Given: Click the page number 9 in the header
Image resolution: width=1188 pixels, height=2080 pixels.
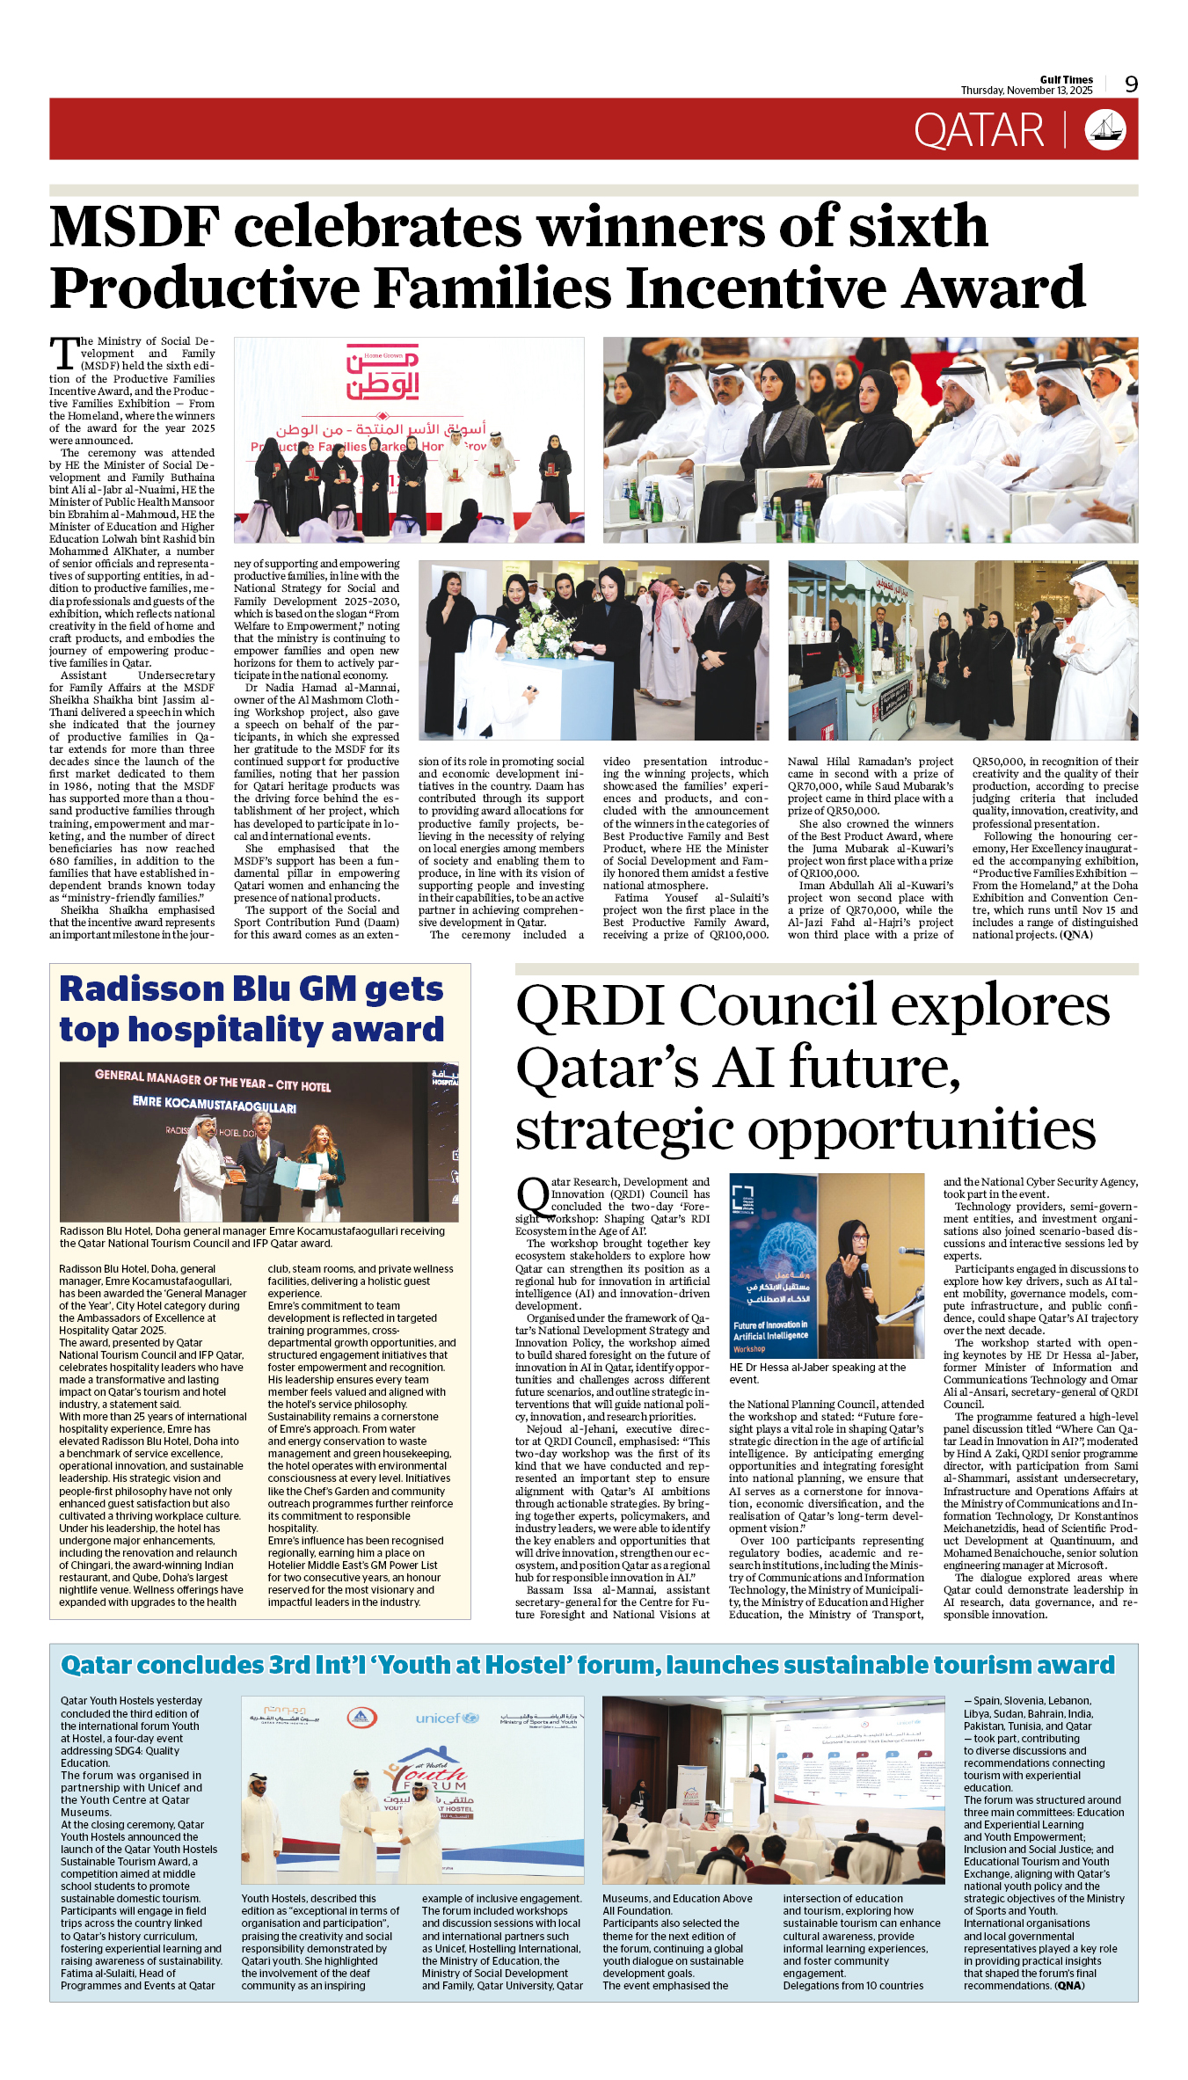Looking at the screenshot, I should click(1131, 84).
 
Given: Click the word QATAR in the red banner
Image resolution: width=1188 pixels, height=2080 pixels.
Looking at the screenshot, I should click(978, 131).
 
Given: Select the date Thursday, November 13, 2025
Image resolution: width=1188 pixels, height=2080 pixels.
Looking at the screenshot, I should click(1026, 91).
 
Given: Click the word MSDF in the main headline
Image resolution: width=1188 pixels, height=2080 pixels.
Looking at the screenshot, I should click(135, 226).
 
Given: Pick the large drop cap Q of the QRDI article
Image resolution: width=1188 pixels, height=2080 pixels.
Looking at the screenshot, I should click(532, 1198).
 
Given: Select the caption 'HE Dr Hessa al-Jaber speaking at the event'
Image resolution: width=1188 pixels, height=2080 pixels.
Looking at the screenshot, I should click(817, 1373).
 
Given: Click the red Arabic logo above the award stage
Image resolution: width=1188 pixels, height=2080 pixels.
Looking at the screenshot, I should click(383, 373).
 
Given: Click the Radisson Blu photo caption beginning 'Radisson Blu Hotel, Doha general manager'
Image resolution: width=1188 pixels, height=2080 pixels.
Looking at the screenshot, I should click(252, 1237).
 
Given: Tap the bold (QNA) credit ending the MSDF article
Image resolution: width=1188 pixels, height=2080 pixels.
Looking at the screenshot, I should click(1076, 935).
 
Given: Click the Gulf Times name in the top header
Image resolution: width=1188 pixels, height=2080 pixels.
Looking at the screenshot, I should click(1066, 79).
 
